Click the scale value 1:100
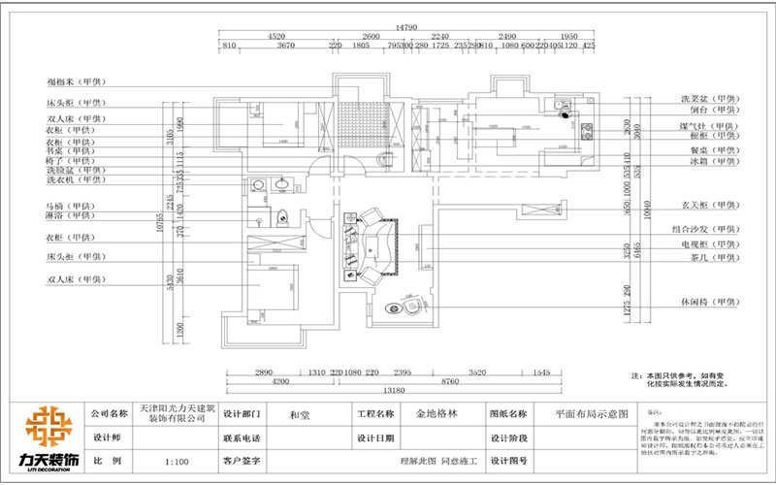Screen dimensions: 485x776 pyautogui.click(x=178, y=462)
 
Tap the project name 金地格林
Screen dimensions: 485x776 pyautogui.click(x=436, y=412)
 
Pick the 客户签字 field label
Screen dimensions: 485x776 pyautogui.click(x=242, y=462)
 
